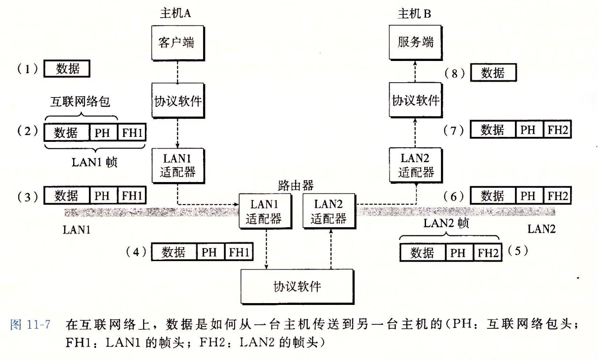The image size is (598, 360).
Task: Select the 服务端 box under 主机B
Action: pyautogui.click(x=415, y=42)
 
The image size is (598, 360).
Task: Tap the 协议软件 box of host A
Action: pyautogui.click(x=177, y=101)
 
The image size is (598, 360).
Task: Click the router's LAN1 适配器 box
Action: pyautogui.click(x=263, y=211)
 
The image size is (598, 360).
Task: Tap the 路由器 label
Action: pyautogui.click(x=296, y=185)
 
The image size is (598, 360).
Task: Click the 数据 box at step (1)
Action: pyautogui.click(x=67, y=69)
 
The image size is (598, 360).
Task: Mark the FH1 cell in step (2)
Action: pyautogui.click(x=132, y=133)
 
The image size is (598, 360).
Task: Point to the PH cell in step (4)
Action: pyautogui.click(x=209, y=252)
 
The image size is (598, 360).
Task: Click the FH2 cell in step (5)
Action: pyautogui.click(x=488, y=253)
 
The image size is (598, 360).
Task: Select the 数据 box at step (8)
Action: pyautogui.click(x=492, y=73)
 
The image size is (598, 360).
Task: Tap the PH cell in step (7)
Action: pyautogui.click(x=528, y=131)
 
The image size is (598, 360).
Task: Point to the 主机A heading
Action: pyautogui.click(x=176, y=14)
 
